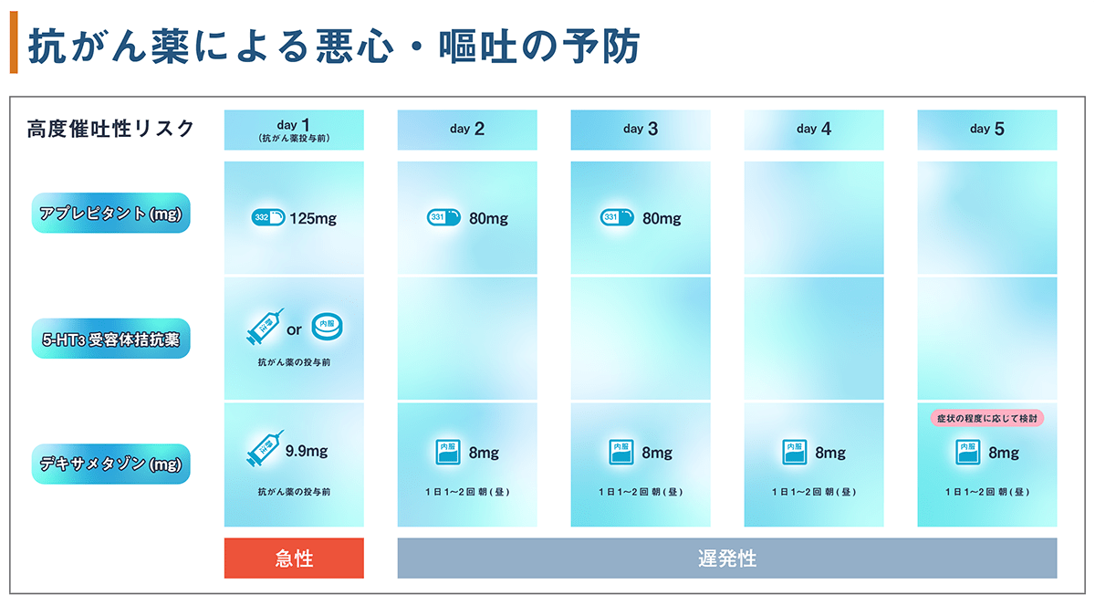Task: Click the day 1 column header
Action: pos(294,130)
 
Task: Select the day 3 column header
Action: pos(641,130)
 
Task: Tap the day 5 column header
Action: pos(987,130)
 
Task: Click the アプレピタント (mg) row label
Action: pos(111,214)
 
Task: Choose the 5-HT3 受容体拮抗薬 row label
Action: pos(111,339)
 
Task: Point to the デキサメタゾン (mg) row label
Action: pos(111,464)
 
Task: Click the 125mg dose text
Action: pos(313,218)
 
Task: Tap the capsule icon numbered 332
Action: pos(268,217)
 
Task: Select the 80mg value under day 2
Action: pos(488,218)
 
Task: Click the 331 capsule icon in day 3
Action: pos(617,217)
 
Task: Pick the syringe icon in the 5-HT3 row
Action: pos(265,327)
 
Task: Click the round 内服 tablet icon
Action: pos(327,326)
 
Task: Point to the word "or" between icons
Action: pos(294,330)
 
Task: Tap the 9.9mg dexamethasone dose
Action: pos(307,451)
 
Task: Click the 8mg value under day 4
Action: pos(830,454)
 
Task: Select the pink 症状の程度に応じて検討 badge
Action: pos(987,418)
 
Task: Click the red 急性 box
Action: pos(294,559)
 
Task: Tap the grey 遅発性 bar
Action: pos(727,559)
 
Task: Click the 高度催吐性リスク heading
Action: pos(110,129)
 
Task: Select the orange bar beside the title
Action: pos(14,43)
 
